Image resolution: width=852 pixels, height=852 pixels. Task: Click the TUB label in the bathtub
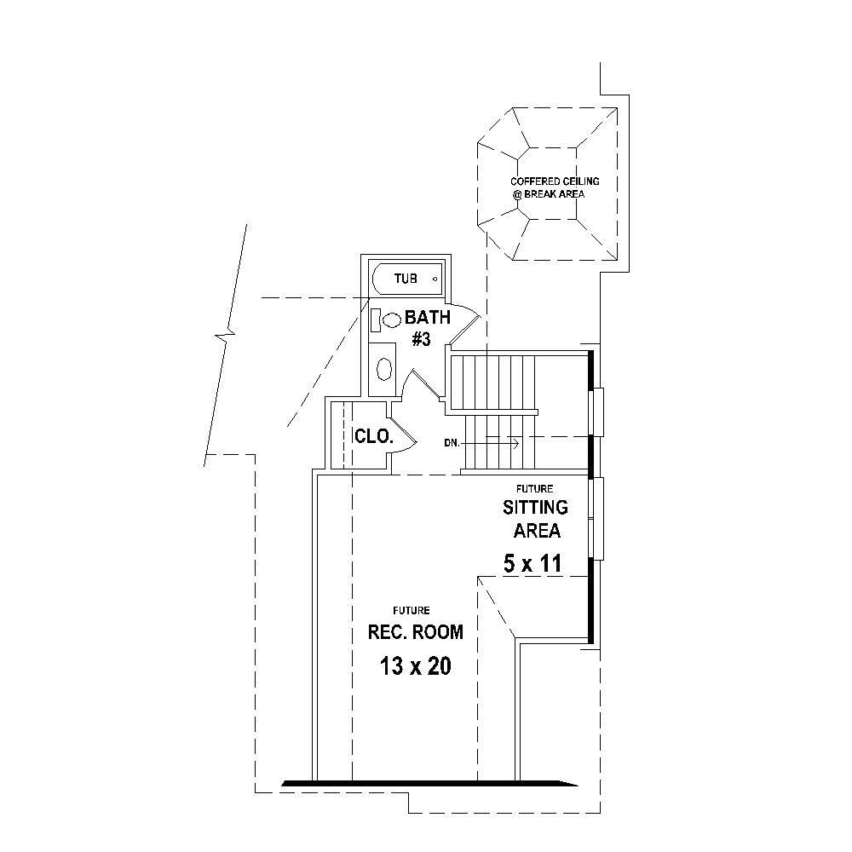(406, 279)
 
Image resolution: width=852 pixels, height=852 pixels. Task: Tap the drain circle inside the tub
(435, 279)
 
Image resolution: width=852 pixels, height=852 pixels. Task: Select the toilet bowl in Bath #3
(392, 320)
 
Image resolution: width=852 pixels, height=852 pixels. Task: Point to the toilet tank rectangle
(375, 320)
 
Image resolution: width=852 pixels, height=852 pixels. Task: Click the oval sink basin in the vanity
(384, 369)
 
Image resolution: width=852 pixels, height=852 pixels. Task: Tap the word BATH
(428, 318)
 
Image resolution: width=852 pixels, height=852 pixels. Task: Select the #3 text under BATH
(421, 339)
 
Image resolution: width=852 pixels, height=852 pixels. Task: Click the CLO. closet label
(373, 437)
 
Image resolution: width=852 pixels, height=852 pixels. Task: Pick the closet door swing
(402, 432)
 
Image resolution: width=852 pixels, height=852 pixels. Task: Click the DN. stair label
(452, 443)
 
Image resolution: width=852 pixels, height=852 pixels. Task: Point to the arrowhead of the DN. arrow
(515, 443)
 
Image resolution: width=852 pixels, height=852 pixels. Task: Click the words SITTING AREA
(536, 519)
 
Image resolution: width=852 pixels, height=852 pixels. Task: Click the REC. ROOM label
(415, 632)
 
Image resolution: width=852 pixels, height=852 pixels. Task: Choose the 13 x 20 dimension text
(415, 666)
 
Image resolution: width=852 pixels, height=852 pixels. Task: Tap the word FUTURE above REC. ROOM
(411, 610)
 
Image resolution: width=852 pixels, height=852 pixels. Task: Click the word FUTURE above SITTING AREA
(534, 489)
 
